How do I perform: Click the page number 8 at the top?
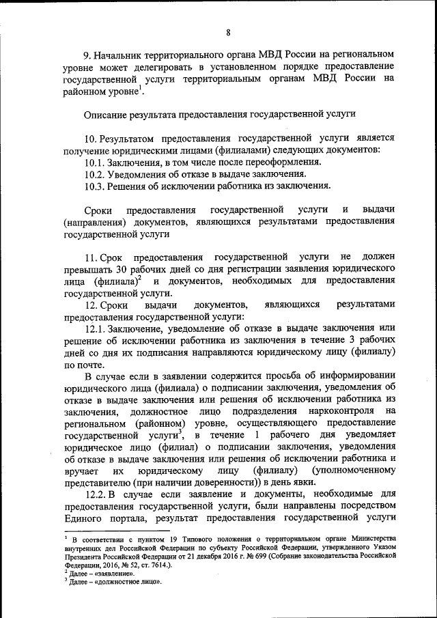click(228, 31)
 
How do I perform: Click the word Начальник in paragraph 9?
click(119, 53)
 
